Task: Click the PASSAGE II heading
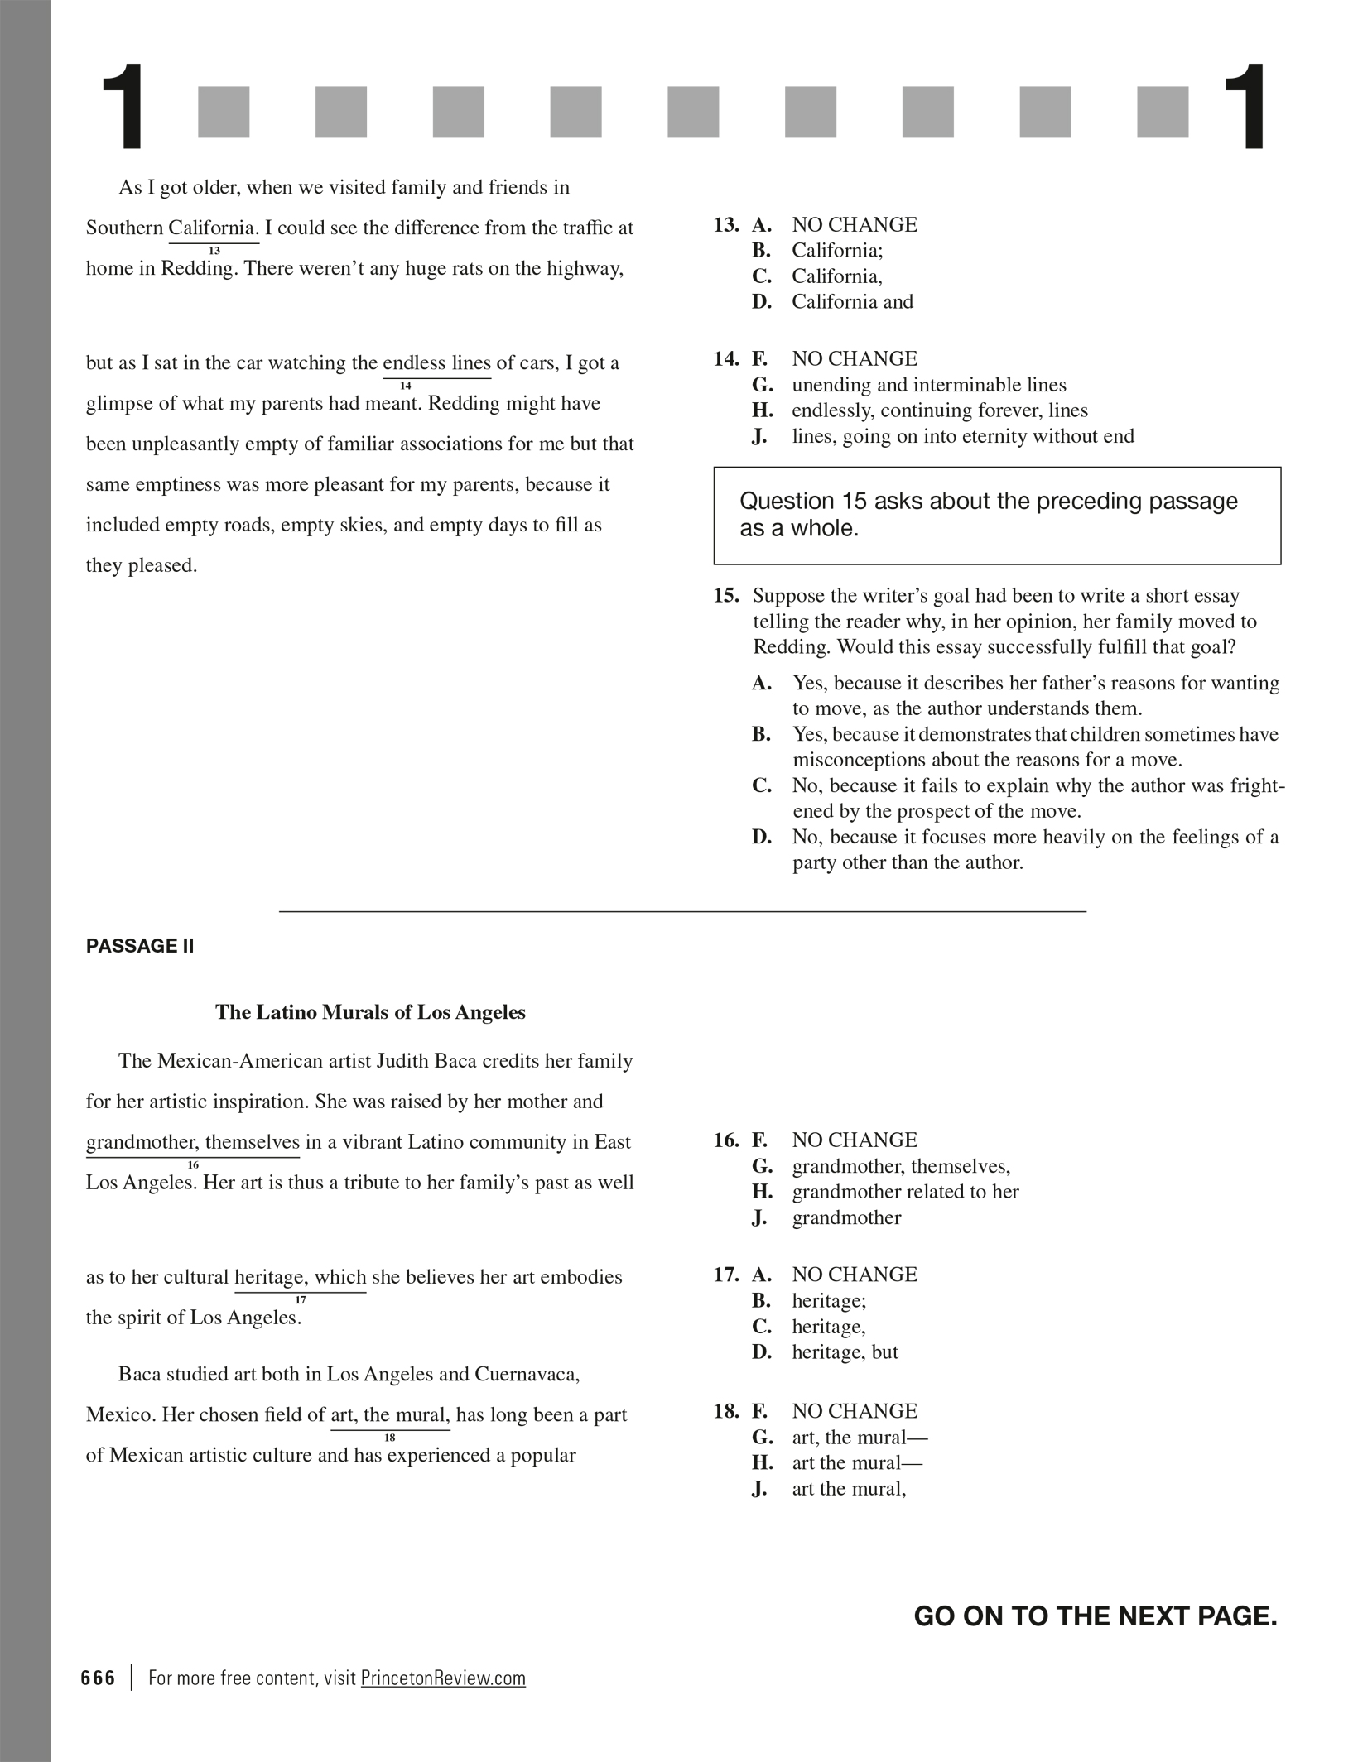pyautogui.click(x=139, y=946)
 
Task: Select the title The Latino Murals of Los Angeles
pyautogui.click(x=370, y=1012)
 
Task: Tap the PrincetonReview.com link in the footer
pyautogui.click(x=443, y=1678)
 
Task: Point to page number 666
pyautogui.click(x=99, y=1678)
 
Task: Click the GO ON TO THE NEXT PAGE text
pyautogui.click(x=1095, y=1616)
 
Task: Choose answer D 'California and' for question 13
pyautogui.click(x=852, y=301)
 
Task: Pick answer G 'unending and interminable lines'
pyautogui.click(x=928, y=385)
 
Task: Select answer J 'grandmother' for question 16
pyautogui.click(x=846, y=1217)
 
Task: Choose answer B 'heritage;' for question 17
pyautogui.click(x=829, y=1300)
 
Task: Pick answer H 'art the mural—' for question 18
pyautogui.click(x=856, y=1462)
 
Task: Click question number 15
pyautogui.click(x=726, y=596)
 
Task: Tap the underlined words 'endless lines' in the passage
pyautogui.click(x=436, y=363)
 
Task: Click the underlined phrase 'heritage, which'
pyautogui.click(x=300, y=1277)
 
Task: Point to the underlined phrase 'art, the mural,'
pyautogui.click(x=390, y=1414)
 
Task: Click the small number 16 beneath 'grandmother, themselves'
pyautogui.click(x=193, y=1165)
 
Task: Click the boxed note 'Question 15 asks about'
pyautogui.click(x=996, y=515)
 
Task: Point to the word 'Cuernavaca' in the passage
pyautogui.click(x=527, y=1374)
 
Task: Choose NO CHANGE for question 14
pyautogui.click(x=855, y=359)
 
